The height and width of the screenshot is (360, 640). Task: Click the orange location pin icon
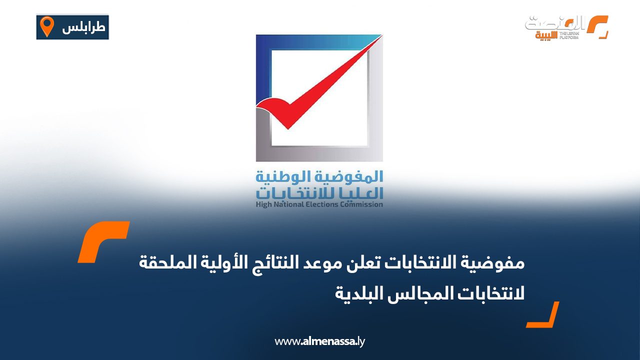(x=46, y=26)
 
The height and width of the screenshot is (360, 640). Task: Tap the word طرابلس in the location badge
(x=83, y=27)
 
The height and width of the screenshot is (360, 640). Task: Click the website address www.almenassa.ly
(x=320, y=341)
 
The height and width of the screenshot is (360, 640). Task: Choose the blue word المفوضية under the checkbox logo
(x=349, y=177)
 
